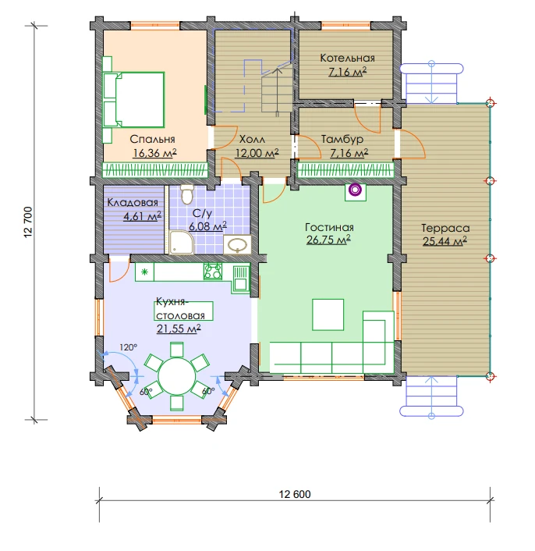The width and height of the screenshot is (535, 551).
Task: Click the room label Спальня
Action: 152,139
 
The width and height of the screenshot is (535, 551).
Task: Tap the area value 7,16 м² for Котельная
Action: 348,72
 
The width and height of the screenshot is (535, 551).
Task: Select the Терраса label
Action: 445,228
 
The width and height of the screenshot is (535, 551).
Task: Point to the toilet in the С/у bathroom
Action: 186,194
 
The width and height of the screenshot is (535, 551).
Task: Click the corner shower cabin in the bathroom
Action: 182,242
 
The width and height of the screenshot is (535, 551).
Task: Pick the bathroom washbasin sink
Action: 237,244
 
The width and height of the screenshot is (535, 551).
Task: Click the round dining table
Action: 176,376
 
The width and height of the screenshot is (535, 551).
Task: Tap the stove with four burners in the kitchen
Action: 213,272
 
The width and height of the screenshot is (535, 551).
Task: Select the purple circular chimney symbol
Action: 356,190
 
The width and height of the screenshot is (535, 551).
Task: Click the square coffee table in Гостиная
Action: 328,315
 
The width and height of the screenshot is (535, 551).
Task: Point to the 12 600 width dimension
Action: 295,495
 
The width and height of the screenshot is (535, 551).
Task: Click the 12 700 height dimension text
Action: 28,222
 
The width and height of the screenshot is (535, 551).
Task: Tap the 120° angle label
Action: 128,347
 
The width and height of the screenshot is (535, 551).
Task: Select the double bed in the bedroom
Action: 134,99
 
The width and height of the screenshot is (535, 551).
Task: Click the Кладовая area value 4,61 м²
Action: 142,216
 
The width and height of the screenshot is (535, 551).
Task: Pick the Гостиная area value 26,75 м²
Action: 328,240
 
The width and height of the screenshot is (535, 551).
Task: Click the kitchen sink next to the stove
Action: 240,279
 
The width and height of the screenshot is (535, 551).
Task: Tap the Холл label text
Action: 252,140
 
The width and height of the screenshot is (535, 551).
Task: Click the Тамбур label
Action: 342,140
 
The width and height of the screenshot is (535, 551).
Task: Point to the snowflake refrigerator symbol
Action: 144,272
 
